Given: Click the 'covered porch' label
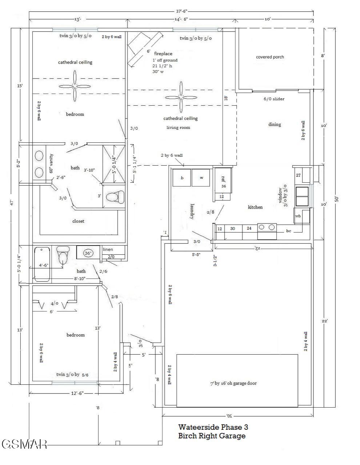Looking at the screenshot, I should point(270,57).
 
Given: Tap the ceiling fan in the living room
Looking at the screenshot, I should point(181,97).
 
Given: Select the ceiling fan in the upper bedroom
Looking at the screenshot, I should point(75,86).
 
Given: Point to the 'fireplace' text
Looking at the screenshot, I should point(163,54).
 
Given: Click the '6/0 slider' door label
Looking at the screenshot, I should point(274,99).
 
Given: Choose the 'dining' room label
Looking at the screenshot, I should point(275,125).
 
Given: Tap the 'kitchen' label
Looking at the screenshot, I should point(255,207).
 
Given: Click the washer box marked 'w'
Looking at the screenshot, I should point(201,178).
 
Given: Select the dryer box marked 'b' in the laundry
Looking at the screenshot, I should point(182,178).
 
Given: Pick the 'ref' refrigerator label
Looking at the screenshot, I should point(223,179).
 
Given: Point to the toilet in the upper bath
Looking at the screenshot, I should point(115,197).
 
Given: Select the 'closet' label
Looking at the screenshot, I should point(78,221).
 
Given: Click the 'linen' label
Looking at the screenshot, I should point(108,250).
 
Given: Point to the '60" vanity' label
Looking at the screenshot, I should point(51,163).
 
